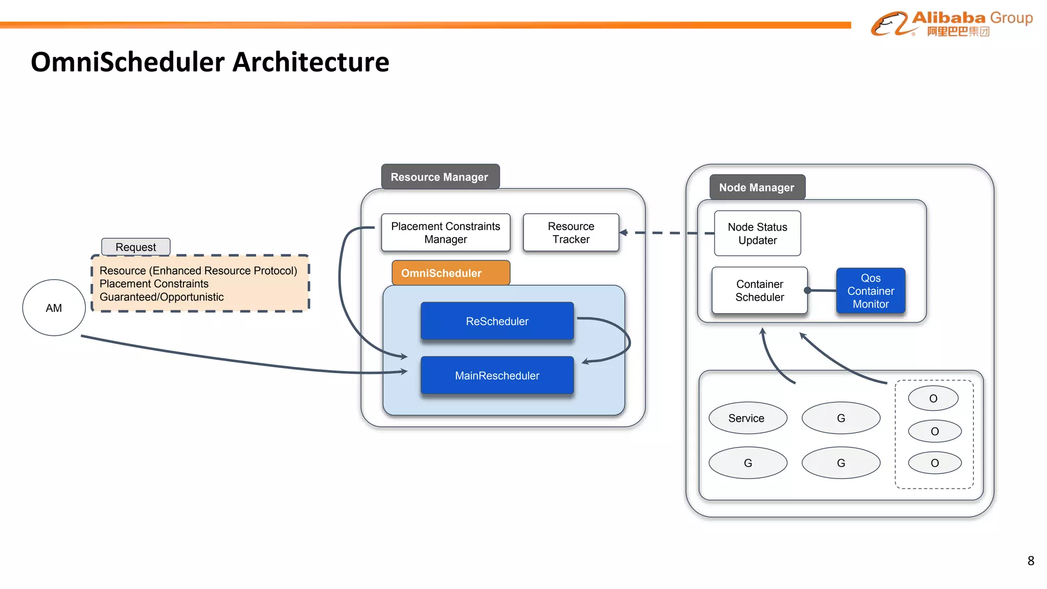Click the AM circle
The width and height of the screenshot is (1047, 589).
(54, 308)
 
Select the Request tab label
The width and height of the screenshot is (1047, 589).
(135, 247)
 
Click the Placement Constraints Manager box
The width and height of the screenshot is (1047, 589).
(445, 233)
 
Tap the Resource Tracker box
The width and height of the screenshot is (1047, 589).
(571, 233)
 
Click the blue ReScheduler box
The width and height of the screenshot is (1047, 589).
(497, 321)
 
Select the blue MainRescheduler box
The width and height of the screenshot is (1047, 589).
(497, 376)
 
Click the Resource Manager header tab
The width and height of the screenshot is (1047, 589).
(440, 177)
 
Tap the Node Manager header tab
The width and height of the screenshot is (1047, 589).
(757, 188)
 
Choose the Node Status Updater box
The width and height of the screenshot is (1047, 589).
(757, 234)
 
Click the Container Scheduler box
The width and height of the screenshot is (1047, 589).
(759, 290)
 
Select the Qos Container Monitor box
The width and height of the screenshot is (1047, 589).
(870, 291)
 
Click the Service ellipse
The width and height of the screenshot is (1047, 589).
(747, 418)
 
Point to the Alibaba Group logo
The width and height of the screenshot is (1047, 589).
(951, 24)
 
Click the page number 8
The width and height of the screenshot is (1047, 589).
(1031, 561)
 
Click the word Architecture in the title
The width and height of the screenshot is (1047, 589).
(311, 62)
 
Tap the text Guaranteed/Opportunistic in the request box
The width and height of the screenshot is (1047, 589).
(162, 297)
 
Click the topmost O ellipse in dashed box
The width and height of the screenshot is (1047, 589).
(933, 398)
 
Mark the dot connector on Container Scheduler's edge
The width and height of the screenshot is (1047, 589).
(808, 290)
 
